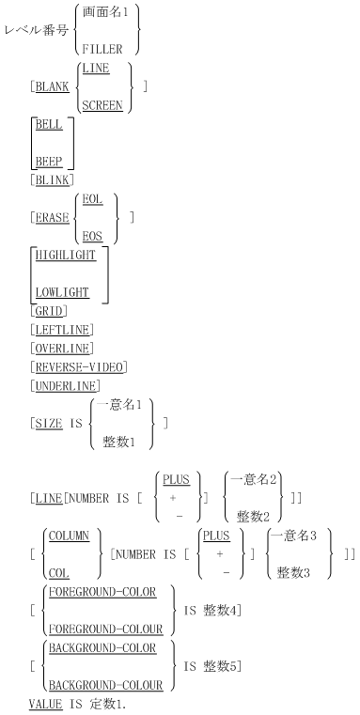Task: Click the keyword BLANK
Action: [x=53, y=86]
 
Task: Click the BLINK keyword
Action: [x=53, y=179]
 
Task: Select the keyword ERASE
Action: [x=53, y=218]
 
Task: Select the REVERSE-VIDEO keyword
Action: [x=80, y=365]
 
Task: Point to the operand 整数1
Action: [x=121, y=441]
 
